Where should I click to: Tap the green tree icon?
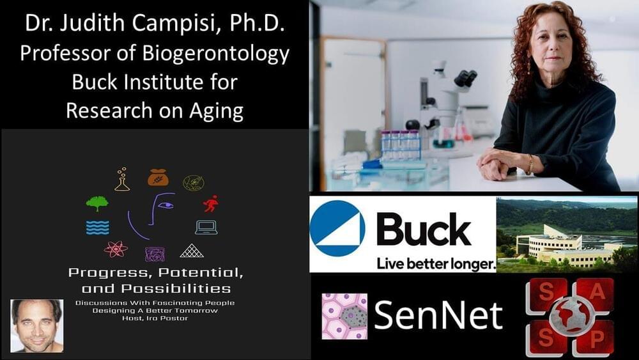[x=97, y=203]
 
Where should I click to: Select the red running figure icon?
[x=211, y=203]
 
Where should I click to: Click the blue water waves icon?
[x=98, y=228]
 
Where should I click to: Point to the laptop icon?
[x=206, y=228]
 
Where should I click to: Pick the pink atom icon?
[x=116, y=249]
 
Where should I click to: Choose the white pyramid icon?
[x=192, y=251]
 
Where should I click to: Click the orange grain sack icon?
[x=158, y=178]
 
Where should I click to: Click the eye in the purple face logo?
[x=166, y=205]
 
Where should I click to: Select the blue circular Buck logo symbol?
[x=337, y=228]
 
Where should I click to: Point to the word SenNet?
[x=438, y=315]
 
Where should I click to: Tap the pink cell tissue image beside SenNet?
[x=344, y=316]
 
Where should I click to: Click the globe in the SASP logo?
[x=570, y=316]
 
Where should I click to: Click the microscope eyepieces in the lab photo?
[x=465, y=78]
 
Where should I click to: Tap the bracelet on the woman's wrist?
[x=530, y=164]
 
